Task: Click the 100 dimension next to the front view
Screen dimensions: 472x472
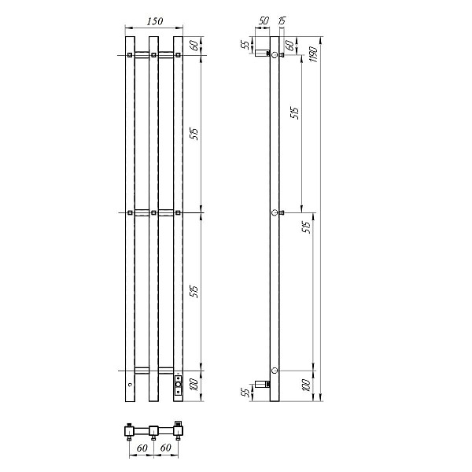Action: [x=194, y=385]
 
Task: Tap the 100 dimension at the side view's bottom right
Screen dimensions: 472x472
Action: [x=305, y=385]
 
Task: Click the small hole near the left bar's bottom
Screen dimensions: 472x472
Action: [x=130, y=385]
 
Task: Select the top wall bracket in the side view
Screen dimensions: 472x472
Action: [x=261, y=57]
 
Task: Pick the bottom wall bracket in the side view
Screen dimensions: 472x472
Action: [x=261, y=385]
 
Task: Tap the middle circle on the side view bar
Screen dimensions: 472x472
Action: [x=274, y=212]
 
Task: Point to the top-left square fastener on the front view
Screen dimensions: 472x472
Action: [x=129, y=55]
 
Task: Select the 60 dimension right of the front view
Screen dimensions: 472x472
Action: [x=194, y=46]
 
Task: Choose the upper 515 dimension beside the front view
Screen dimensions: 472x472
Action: [x=194, y=134]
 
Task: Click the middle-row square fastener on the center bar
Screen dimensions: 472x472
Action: [x=153, y=212]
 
